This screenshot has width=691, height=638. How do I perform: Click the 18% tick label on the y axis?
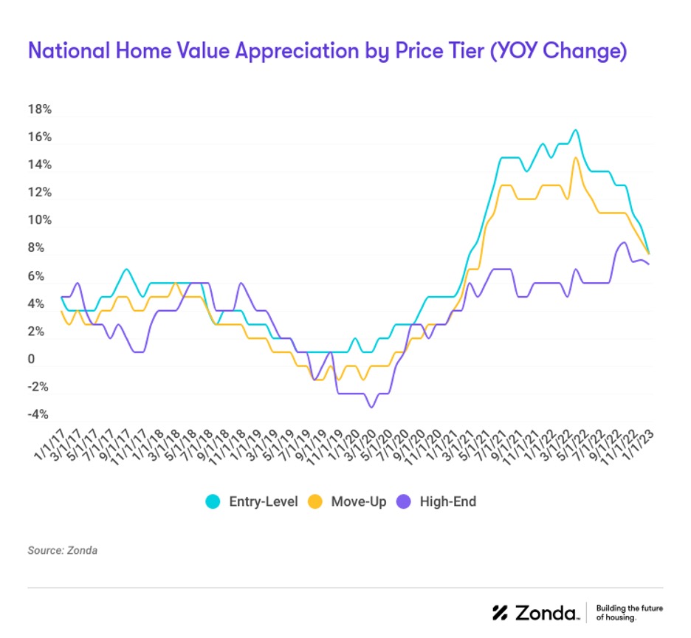39,109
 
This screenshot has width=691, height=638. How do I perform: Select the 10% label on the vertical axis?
39,221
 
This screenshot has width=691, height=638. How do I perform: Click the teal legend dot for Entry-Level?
213,502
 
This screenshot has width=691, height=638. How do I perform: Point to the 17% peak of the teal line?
575,131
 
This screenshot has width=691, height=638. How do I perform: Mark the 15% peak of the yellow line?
575,158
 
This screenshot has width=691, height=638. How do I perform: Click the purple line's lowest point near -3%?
371,406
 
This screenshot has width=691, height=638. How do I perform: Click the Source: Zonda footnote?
63,550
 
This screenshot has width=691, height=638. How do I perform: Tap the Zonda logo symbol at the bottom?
502,612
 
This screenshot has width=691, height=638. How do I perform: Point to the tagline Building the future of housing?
629,612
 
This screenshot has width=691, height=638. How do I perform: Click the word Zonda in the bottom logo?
547,612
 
